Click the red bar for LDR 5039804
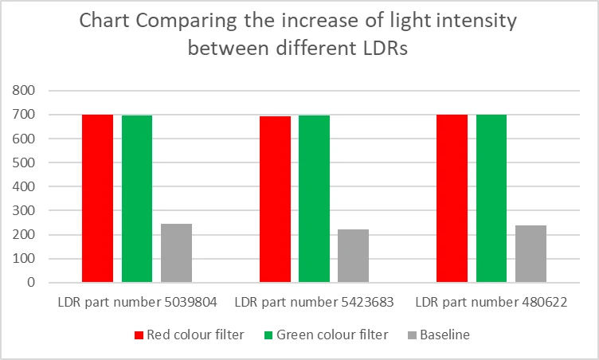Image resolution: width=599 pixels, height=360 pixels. click(97, 198)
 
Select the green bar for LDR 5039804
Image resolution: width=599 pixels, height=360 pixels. click(137, 199)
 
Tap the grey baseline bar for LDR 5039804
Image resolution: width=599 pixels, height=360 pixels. click(176, 252)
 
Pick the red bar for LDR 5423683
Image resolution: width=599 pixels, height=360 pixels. click(275, 199)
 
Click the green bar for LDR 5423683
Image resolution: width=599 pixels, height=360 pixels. click(314, 199)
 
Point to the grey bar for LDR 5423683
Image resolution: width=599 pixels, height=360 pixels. click(353, 256)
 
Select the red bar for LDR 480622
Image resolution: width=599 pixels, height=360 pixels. click(452, 198)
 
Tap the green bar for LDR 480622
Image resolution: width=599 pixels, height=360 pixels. click(491, 198)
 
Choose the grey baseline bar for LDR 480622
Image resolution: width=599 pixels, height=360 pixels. click(530, 253)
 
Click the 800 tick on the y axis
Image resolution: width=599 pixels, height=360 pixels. click(25, 91)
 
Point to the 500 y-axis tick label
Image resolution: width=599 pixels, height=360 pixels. click(25, 162)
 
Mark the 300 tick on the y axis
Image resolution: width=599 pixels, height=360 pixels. click(25, 210)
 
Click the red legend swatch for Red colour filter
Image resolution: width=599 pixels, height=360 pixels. click(138, 335)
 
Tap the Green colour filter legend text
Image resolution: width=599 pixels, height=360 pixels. click(333, 335)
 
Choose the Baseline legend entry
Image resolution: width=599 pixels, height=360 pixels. click(445, 335)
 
